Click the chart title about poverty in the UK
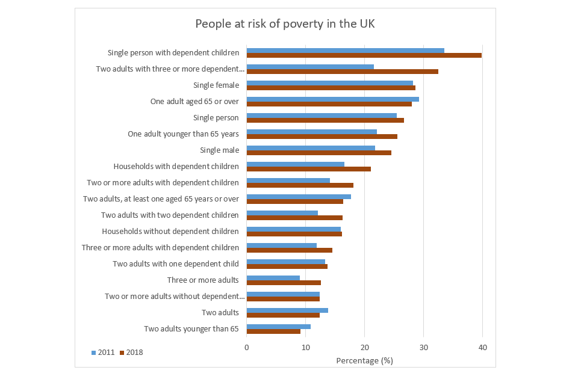tap(285, 24)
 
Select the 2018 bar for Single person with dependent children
tap(364, 55)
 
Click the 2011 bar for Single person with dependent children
tap(345, 51)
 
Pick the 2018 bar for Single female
tap(331, 88)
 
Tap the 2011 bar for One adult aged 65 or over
tap(332, 99)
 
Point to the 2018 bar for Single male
tap(319, 153)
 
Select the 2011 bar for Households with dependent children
tap(295, 164)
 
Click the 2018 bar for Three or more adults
tap(284, 283)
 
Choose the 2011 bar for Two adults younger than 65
tap(278, 327)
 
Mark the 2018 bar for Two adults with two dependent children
tap(294, 218)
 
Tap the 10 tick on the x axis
tap(306, 347)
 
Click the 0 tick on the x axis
tap(247, 347)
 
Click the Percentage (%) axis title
tap(364, 360)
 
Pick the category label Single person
tap(216, 118)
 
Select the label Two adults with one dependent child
tap(176, 263)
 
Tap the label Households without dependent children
tap(170, 231)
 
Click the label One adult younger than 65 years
tap(183, 134)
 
